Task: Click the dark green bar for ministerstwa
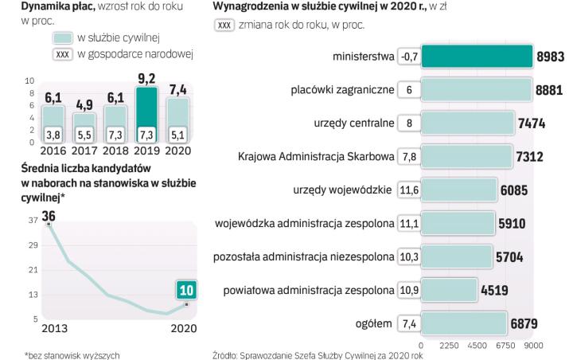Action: tap(476, 57)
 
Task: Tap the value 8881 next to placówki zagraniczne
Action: tap(549, 91)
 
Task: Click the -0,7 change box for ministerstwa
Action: tap(408, 57)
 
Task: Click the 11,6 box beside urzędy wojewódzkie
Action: tap(408, 190)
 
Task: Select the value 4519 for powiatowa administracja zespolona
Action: tap(494, 291)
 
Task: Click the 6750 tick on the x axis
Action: tap(507, 346)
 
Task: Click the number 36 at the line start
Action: tap(49, 216)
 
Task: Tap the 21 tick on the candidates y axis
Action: tap(32, 270)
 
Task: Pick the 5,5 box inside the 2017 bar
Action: tap(84, 135)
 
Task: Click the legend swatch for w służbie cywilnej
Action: tap(63, 38)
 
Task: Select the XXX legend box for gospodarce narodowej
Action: tap(63, 54)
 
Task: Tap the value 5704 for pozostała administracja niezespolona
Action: tap(509, 257)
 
